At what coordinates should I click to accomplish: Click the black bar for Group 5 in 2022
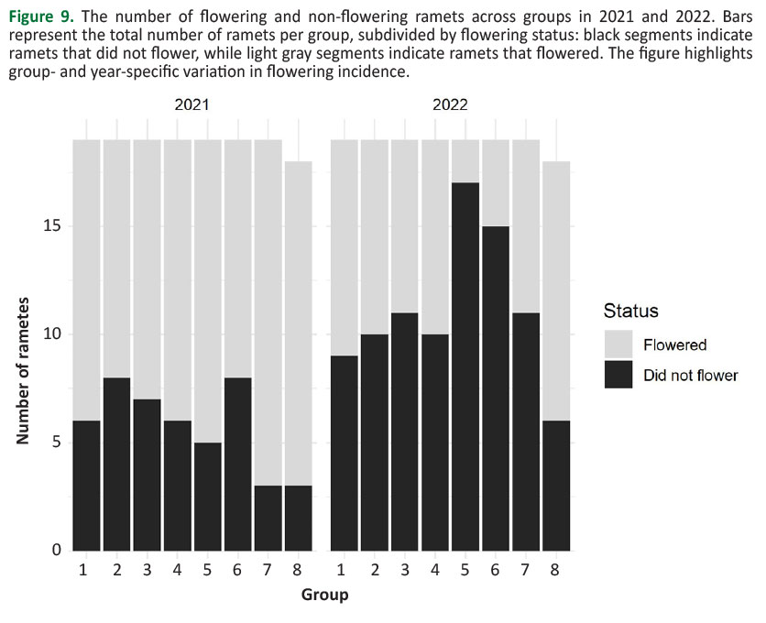coord(465,366)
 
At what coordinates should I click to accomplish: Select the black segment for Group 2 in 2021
coord(116,464)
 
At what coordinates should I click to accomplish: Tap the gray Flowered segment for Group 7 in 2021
coord(268,312)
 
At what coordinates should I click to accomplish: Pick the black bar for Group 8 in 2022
coord(556,486)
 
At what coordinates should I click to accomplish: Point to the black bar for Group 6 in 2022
coord(496,388)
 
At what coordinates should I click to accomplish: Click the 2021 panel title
coord(191,104)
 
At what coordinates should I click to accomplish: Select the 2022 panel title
coord(450,104)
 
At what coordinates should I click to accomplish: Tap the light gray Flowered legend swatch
coord(620,345)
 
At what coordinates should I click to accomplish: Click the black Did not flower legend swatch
coord(620,375)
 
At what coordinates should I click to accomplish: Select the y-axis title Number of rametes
coord(24,371)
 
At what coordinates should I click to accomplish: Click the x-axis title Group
coord(324,596)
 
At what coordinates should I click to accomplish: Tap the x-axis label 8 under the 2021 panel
coord(298,570)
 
